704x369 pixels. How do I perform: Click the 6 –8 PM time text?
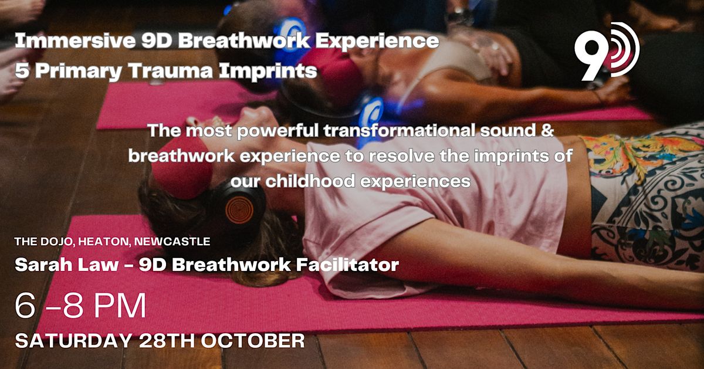point(81,307)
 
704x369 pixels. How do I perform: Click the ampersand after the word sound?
point(546,131)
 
